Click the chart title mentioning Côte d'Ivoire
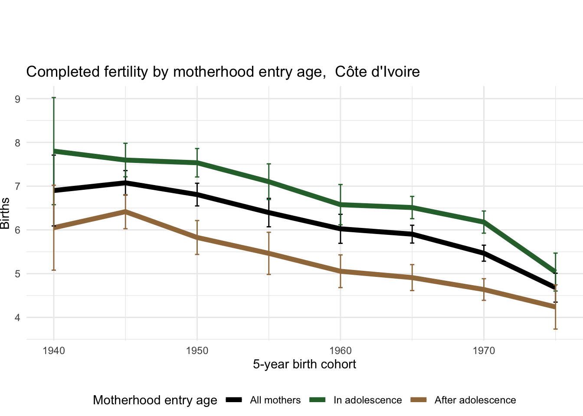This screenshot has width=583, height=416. pyautogui.click(x=223, y=71)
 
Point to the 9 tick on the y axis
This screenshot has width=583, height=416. pyautogui.click(x=18, y=99)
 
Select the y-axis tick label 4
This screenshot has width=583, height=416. pyautogui.click(x=18, y=318)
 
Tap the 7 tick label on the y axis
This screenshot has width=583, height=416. pyautogui.click(x=18, y=186)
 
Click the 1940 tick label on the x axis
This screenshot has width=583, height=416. pyautogui.click(x=54, y=351)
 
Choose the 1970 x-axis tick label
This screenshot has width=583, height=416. pyautogui.click(x=484, y=351)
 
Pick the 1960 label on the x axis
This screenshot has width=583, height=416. pyautogui.click(x=341, y=351)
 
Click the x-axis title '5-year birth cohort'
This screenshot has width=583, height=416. pyautogui.click(x=305, y=364)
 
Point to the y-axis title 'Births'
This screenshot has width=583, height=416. pyautogui.click(x=5, y=213)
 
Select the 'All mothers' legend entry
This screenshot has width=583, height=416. pyautogui.click(x=275, y=400)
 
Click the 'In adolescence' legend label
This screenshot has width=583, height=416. pyautogui.click(x=367, y=400)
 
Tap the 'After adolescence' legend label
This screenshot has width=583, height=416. pyautogui.click(x=475, y=400)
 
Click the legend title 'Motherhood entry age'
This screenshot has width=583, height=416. pyautogui.click(x=155, y=400)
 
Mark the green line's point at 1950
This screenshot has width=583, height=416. pyautogui.click(x=197, y=163)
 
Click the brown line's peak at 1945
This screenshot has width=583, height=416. pyautogui.click(x=125, y=211)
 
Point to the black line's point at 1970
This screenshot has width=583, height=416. pyautogui.click(x=484, y=253)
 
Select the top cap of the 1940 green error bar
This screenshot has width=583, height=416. pyautogui.click(x=54, y=98)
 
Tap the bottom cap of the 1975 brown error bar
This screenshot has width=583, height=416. pyautogui.click(x=555, y=329)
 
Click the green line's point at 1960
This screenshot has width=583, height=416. pyautogui.click(x=341, y=205)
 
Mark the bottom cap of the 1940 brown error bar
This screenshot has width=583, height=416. pyautogui.click(x=54, y=270)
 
